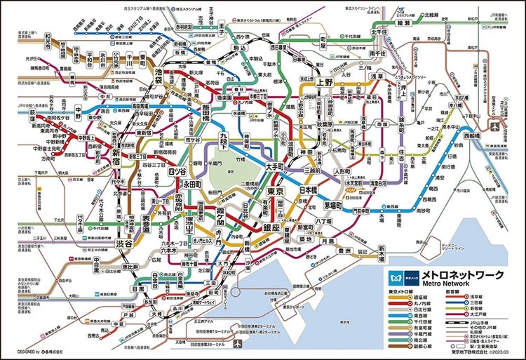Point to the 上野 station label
coord(325,82)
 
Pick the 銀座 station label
coord(271,227)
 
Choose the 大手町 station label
coord(274,167)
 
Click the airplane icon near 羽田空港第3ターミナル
coord(238,345)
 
